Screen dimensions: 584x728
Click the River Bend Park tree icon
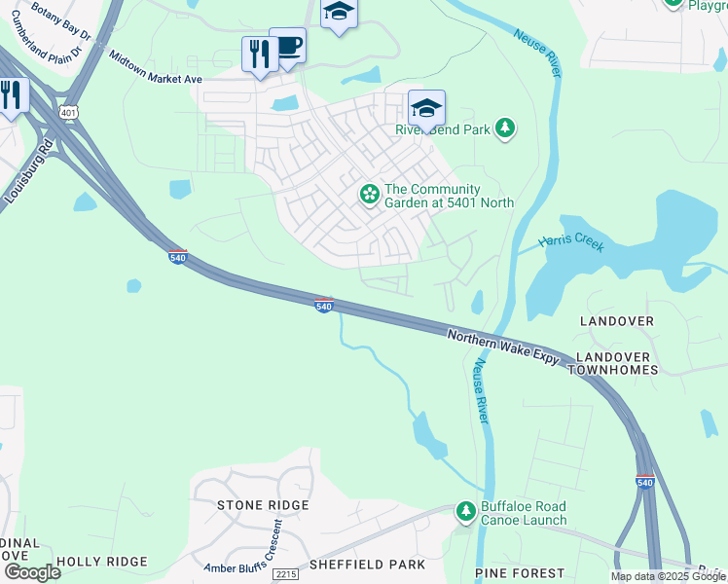pos(504,128)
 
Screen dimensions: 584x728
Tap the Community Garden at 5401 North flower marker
pos(369,195)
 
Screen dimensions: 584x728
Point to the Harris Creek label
pos(571,242)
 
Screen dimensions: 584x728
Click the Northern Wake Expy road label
pos(503,347)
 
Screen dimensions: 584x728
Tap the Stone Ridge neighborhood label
pos(255,505)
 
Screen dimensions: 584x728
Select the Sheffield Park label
pos(367,565)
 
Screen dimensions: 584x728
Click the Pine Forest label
pos(520,573)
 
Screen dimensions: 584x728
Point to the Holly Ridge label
pos(101,562)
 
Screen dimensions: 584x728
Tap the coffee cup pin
pos(287,46)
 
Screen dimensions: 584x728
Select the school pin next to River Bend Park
pos(426,108)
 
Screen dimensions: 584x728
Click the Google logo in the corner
pos(32,572)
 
